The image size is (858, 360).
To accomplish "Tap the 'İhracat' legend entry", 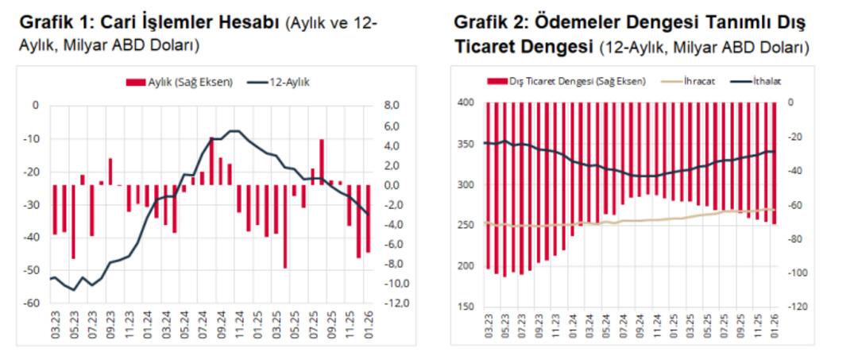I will (x=699, y=81).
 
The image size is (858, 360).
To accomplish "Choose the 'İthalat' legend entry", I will (x=759, y=81).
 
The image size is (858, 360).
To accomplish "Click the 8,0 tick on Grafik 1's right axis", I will (x=394, y=106).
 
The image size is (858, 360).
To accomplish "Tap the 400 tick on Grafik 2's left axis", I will (x=466, y=103).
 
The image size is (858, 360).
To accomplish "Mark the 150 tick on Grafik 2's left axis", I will (x=466, y=307).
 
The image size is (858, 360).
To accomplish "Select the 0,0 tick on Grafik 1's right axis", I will (x=394, y=185).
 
